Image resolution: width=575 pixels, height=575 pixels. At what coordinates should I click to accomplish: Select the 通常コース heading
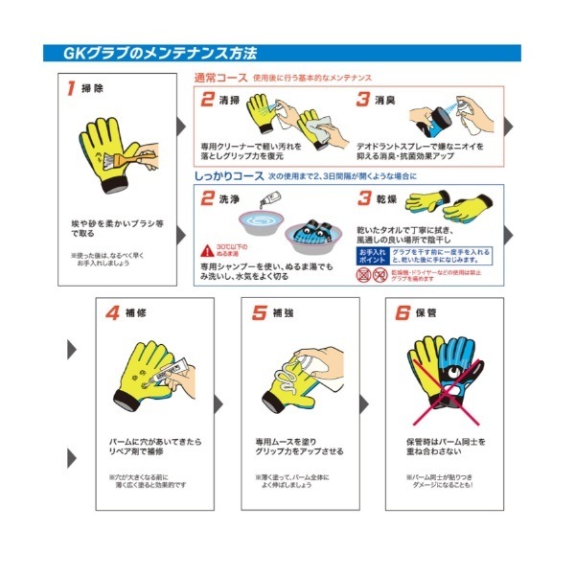pyautogui.click(x=220, y=78)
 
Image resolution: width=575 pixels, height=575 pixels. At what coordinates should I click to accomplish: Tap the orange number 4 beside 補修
pyautogui.click(x=113, y=313)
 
